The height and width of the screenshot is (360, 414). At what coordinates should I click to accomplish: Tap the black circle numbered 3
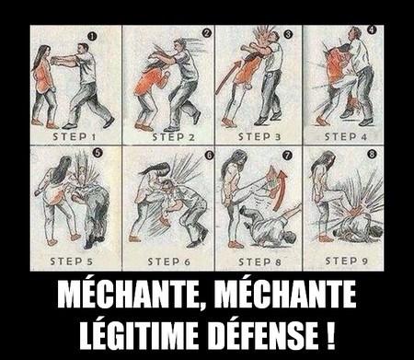[288, 34]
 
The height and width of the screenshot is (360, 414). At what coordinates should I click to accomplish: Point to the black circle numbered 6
[209, 156]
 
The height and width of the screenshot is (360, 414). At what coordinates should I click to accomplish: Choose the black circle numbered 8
[372, 156]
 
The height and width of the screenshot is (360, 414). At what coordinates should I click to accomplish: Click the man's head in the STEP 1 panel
[84, 52]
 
